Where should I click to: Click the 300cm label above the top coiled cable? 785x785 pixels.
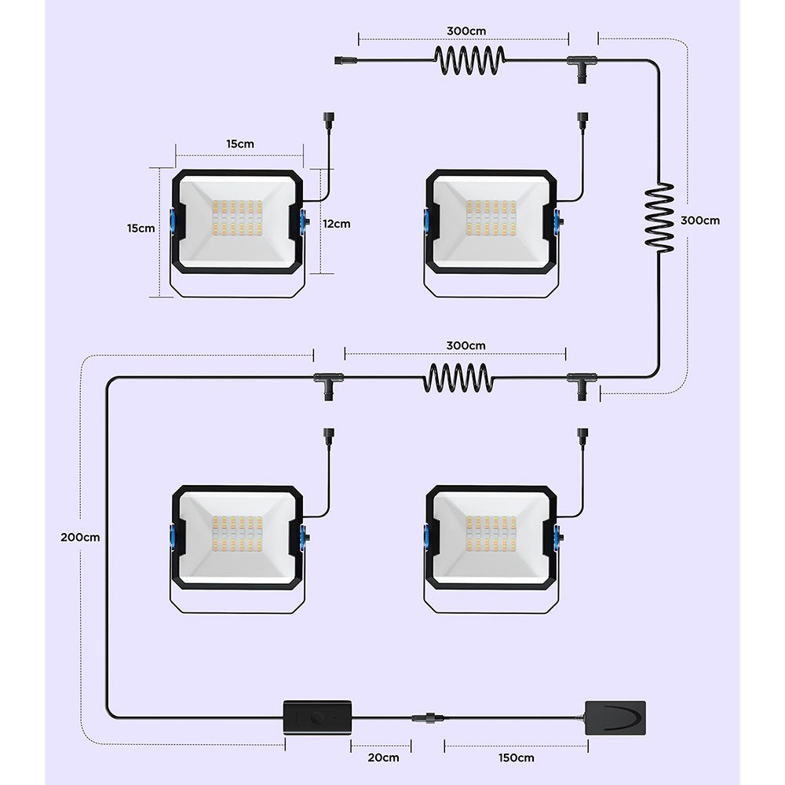point(466,31)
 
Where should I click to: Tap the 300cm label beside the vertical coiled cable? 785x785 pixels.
point(700,221)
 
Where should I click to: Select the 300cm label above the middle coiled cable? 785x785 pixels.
point(466,345)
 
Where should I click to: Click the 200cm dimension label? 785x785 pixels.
point(81,538)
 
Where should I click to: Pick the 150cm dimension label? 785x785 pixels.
point(515,758)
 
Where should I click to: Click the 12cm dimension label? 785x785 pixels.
point(336,224)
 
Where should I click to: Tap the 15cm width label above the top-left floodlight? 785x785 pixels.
point(240,144)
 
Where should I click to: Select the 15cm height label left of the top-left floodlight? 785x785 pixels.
point(142,228)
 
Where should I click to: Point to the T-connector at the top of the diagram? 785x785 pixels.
point(581,63)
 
